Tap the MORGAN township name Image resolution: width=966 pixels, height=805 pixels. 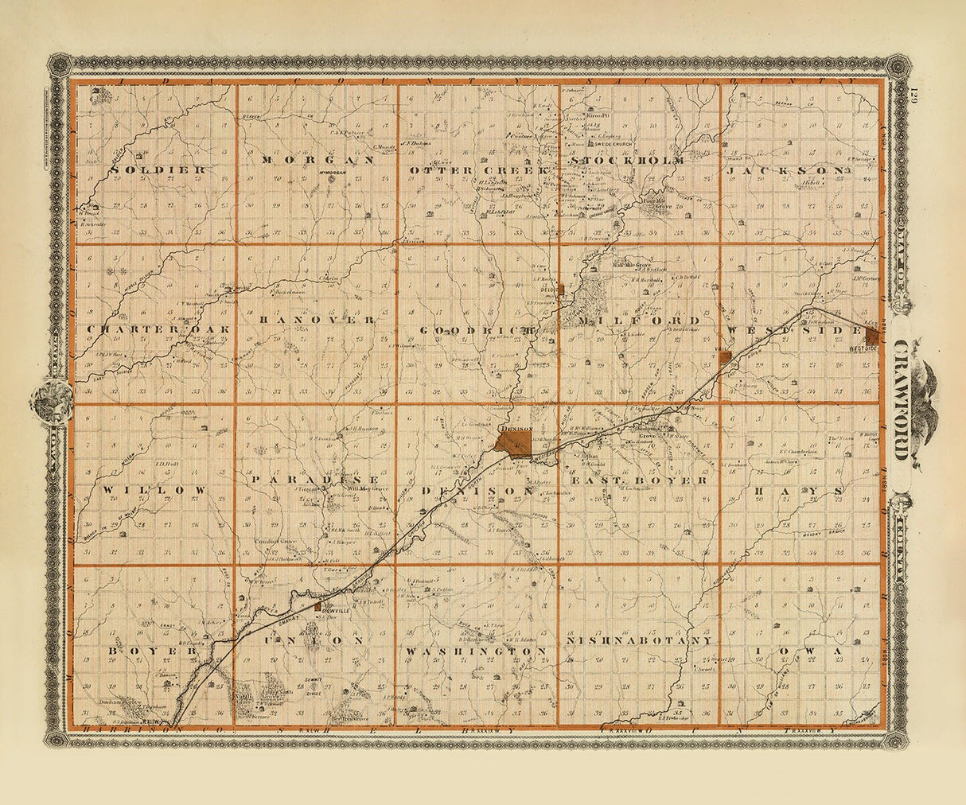click(x=316, y=159)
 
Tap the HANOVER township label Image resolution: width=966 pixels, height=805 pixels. click(x=316, y=319)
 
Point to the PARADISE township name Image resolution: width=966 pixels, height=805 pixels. click(x=312, y=480)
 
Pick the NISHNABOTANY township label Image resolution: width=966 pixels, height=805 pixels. click(x=639, y=640)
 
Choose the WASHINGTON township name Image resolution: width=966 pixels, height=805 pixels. click(x=477, y=651)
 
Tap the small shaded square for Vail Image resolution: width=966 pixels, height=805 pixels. click(x=726, y=358)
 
